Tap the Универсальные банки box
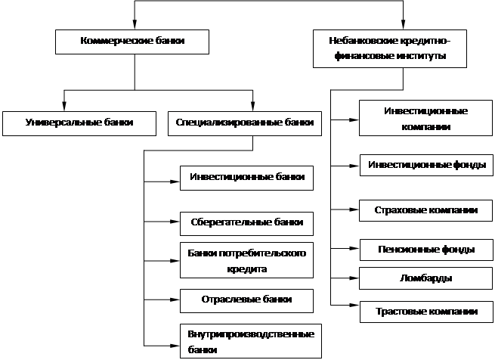point(79,123)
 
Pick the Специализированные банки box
point(243,123)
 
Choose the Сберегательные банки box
point(246,223)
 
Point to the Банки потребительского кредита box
point(246,260)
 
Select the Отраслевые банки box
point(246,299)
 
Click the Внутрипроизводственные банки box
point(251,341)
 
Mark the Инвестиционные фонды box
point(427,165)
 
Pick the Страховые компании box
point(426,209)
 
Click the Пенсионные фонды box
point(426,249)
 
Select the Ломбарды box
point(426,278)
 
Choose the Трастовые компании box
point(426,311)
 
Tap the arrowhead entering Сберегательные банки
point(176,222)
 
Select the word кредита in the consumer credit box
point(246,268)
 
